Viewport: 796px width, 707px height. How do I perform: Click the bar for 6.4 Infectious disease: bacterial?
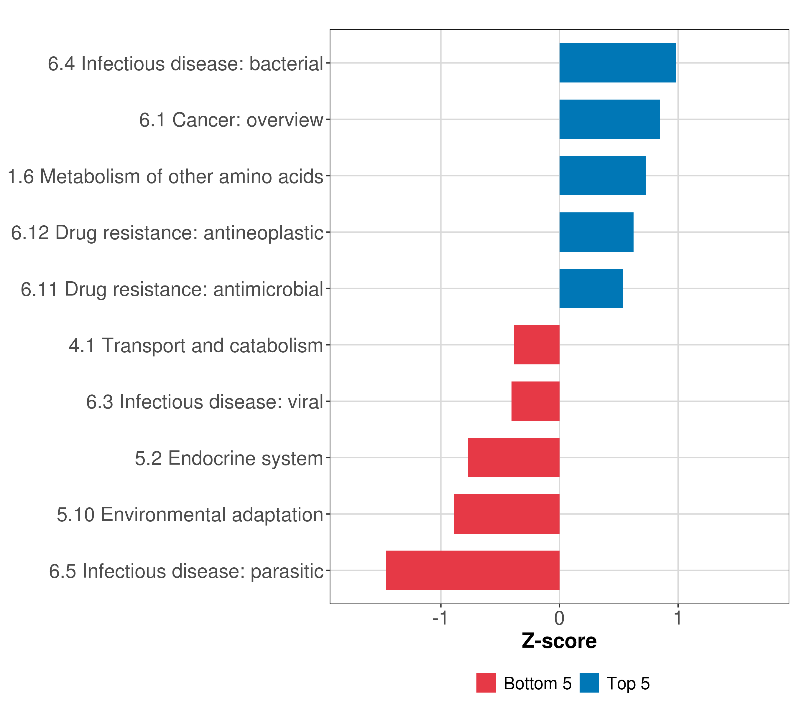617,63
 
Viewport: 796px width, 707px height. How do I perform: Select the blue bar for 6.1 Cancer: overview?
609,120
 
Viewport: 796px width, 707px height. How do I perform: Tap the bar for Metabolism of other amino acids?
602,176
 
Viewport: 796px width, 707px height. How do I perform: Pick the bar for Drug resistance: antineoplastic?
596,232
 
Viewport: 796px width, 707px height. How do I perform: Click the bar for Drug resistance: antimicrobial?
591,288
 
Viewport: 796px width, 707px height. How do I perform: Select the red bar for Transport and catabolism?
537,345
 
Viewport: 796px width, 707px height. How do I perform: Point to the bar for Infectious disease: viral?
535,401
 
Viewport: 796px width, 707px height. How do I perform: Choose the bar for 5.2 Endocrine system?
514,457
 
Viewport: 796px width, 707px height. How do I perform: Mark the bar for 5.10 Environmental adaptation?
507,514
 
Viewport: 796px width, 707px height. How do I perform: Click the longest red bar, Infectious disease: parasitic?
473,570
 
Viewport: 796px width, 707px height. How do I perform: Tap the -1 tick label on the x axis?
440,618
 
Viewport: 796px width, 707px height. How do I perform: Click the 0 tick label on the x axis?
559,618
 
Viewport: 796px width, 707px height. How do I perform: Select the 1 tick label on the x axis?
678,618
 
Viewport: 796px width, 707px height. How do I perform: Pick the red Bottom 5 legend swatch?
486,683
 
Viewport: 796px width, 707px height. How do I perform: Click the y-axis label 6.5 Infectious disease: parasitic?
186,571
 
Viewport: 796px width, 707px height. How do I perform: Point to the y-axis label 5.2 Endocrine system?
229,458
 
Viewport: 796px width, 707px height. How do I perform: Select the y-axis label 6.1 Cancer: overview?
231,120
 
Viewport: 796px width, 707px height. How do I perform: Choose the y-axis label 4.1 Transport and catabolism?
196,346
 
